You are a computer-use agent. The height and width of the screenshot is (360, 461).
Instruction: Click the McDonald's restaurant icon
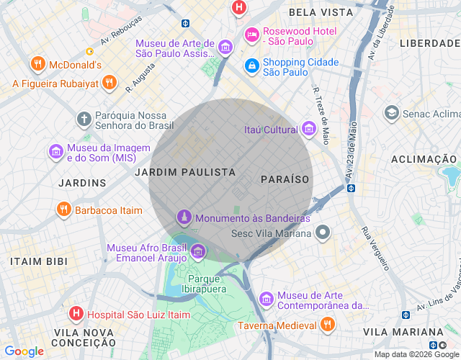coord(38,65)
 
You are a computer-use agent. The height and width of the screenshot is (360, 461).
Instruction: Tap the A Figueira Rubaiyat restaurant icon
coord(109,83)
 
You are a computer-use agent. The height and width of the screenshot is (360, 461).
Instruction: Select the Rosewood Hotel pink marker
coord(251,35)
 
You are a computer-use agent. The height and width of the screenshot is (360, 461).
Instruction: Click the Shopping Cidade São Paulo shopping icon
coord(251,66)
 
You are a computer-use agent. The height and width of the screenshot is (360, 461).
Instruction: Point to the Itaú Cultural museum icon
coord(309,130)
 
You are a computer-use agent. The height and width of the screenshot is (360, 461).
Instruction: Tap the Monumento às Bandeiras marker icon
coord(184,217)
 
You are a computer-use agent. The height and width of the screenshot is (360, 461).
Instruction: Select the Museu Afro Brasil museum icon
coord(197,251)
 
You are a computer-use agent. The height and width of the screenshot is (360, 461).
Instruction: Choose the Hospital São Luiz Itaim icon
coord(76,314)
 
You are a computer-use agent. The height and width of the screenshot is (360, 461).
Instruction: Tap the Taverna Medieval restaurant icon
coord(328,324)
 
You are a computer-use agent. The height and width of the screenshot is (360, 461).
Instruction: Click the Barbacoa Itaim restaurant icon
coord(63,210)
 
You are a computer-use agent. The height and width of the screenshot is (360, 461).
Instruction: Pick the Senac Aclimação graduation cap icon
coord(391,113)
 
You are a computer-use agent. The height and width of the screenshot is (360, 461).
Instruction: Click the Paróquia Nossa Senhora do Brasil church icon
coord(84,118)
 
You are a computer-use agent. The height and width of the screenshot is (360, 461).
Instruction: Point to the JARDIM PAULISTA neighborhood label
coord(185,172)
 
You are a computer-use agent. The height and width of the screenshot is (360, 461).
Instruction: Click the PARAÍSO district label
coord(285,179)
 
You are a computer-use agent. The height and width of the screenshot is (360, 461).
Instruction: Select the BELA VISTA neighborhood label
coord(321,12)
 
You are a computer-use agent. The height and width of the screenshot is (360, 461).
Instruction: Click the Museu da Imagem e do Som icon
coord(55,152)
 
